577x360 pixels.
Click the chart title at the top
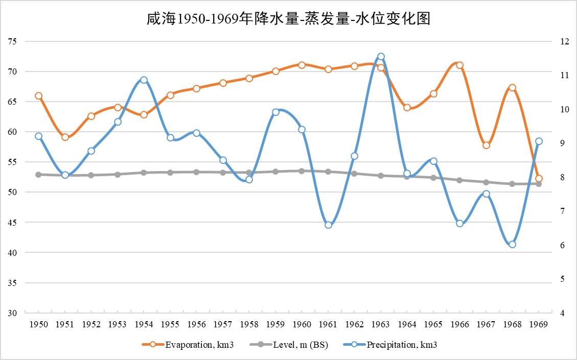point(288,19)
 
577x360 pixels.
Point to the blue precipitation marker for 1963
point(381,57)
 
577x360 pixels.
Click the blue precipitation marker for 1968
point(512,244)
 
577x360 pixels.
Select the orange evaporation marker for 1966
point(459,65)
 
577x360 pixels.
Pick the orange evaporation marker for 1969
point(539,179)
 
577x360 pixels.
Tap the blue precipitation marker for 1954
point(144,80)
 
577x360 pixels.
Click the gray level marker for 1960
point(302,171)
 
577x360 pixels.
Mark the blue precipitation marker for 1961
point(328,225)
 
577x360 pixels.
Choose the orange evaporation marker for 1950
point(38,96)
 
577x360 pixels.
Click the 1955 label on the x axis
point(170,324)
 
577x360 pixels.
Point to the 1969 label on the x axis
point(539,324)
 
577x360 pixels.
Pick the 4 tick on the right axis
point(563,313)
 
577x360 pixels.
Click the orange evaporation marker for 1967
point(486,146)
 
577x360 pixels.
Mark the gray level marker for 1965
point(433,178)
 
